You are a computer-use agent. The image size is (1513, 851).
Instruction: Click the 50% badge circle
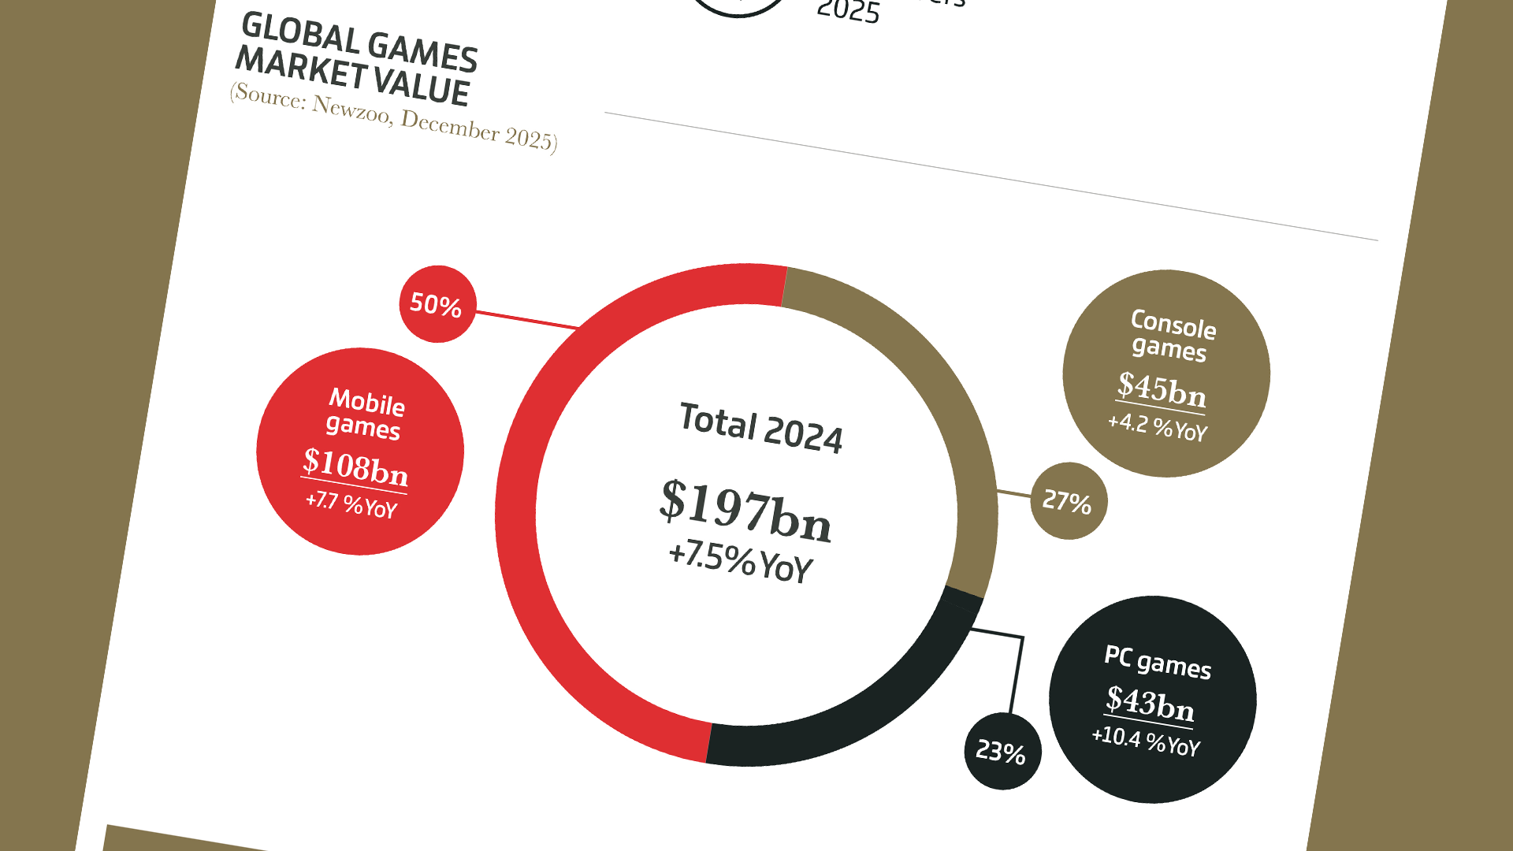(437, 304)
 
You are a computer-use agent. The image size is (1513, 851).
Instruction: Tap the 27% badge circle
(1069, 501)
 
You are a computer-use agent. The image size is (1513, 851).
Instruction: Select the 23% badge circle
(1002, 751)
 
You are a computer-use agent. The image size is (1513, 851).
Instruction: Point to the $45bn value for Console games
(1162, 388)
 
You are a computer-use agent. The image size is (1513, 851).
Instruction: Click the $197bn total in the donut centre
(745, 511)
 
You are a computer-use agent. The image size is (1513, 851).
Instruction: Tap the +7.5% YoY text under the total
(740, 561)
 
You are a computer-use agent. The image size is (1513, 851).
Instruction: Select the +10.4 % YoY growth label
(1146, 741)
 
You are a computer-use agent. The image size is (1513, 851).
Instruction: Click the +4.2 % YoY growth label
(1157, 427)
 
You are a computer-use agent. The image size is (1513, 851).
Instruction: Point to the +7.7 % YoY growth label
(351, 503)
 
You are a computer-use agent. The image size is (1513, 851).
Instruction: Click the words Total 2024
(760, 428)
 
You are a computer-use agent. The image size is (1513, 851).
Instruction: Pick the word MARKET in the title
(302, 66)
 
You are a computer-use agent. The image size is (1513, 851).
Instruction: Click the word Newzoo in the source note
(351, 110)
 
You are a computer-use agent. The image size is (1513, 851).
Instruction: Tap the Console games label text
(1172, 336)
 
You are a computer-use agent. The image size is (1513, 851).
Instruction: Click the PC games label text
(1158, 662)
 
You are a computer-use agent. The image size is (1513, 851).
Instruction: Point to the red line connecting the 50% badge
(526, 319)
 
